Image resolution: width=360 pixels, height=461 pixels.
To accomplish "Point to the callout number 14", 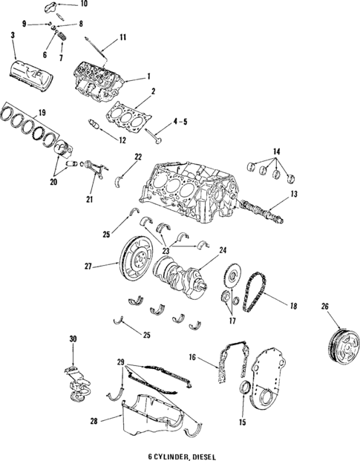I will pos(277,151).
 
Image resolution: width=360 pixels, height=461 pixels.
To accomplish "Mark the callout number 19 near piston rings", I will pos(22,112).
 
